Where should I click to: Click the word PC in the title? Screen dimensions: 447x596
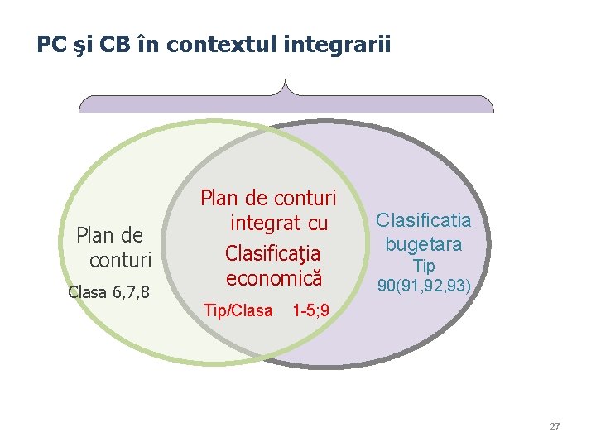pos(50,44)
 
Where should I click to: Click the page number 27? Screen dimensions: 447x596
pos(555,426)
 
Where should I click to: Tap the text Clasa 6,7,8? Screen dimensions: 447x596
pos(108,291)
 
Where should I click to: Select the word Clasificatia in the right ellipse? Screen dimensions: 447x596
pos(423,221)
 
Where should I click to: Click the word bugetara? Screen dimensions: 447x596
pos(424,244)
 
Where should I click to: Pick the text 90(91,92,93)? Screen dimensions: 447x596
pos(424,286)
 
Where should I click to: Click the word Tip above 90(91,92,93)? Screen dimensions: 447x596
pos(424,267)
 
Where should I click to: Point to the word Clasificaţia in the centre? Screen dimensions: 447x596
pos(269,252)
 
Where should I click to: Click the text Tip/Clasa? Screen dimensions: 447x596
pos(238,310)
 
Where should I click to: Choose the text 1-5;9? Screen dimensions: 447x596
pos(311,310)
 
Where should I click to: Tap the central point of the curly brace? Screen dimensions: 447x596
pos(286,85)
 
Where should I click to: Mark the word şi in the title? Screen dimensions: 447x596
pos(83,44)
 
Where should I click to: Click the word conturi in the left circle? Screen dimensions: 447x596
pos(120,260)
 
